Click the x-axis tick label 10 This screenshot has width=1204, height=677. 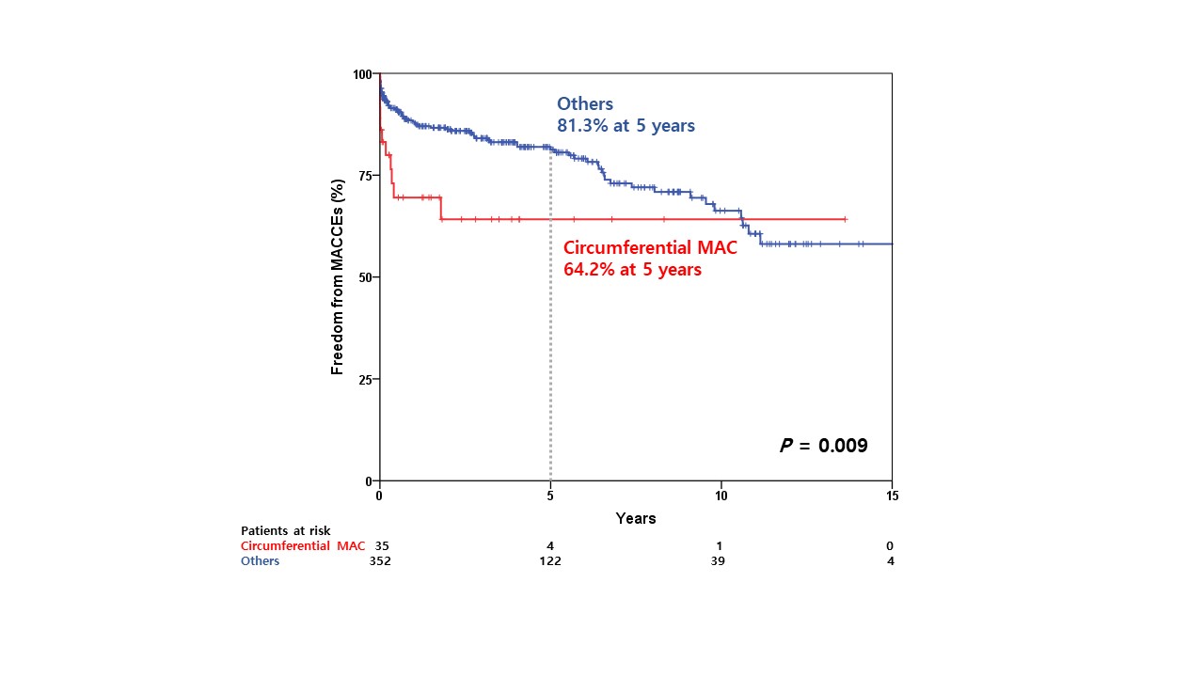coord(721,496)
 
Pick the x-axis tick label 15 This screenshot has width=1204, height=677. coord(892,496)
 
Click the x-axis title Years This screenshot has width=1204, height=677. coord(636,518)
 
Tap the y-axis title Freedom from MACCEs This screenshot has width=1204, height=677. coord(338,277)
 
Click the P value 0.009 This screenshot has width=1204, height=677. coord(824,446)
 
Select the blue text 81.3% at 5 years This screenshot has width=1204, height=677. coord(626,125)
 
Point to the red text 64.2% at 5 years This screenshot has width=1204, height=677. coord(632,270)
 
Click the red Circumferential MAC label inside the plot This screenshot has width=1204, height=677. coord(650,249)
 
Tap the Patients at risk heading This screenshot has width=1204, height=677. coord(286,531)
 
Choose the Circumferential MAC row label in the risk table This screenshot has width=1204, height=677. coord(303,546)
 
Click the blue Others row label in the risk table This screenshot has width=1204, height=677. coord(261,561)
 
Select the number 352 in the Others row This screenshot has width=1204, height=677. coord(380,561)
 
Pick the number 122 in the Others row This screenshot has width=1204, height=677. coord(549,561)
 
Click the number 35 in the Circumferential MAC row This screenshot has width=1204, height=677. coord(382,546)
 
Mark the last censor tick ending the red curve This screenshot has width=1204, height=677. coord(846,219)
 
